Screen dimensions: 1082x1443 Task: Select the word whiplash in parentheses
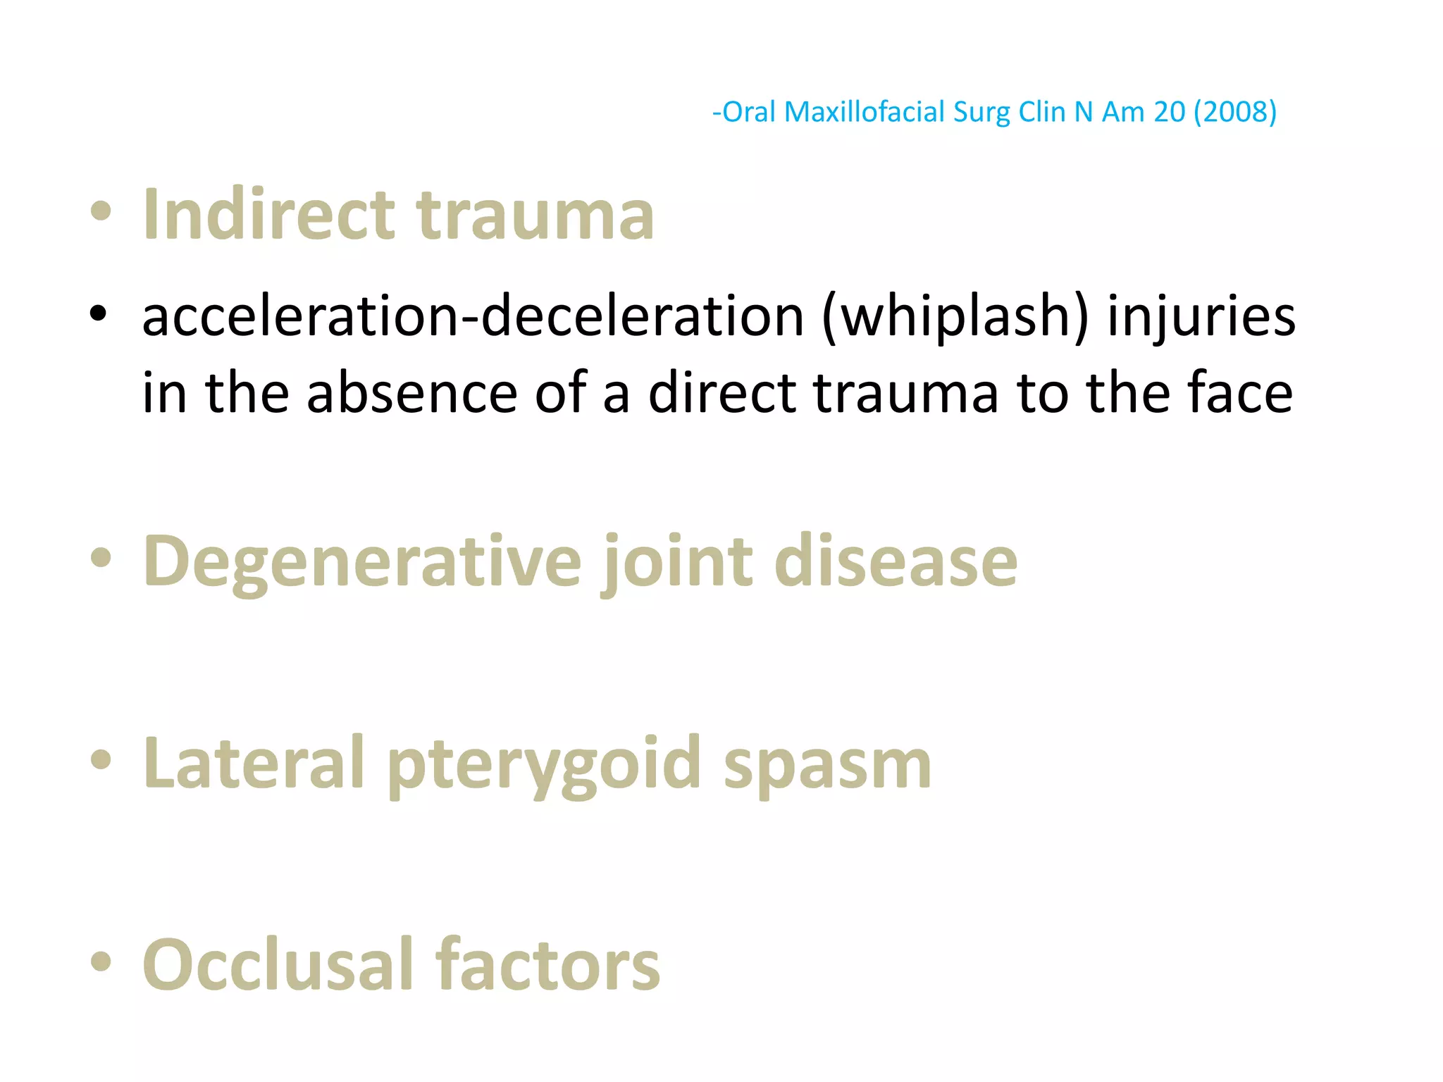point(955,316)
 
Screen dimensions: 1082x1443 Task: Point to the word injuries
point(1201,316)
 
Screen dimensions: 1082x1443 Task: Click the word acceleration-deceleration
point(473,316)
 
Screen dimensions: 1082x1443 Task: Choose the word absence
point(412,392)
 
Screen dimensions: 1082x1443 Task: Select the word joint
point(677,562)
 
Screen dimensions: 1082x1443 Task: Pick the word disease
point(896,562)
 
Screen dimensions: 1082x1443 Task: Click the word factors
point(547,965)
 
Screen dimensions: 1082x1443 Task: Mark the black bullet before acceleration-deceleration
point(99,313)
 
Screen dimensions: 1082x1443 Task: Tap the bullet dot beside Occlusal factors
point(101,962)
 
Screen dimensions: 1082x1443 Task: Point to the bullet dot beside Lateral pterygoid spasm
point(101,760)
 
